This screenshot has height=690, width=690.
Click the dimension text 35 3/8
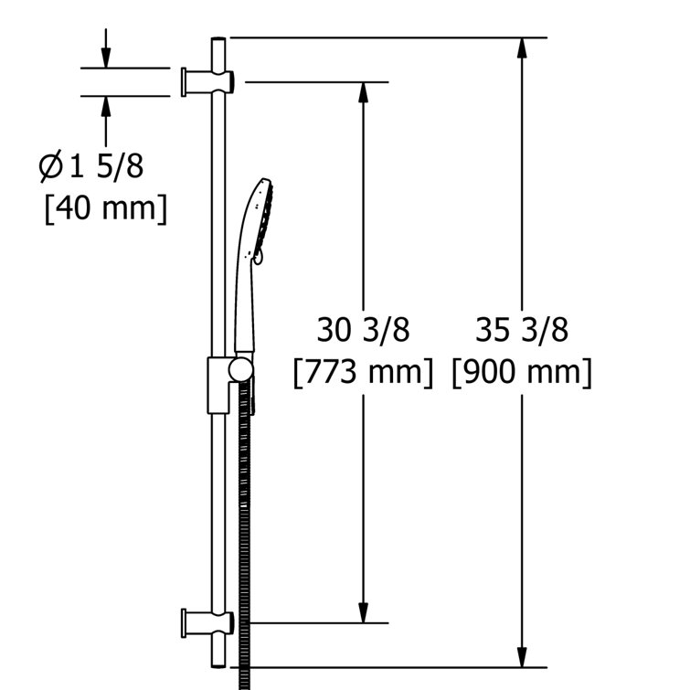(x=522, y=329)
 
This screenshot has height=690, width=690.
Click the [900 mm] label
(x=522, y=372)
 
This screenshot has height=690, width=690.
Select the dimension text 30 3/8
(x=363, y=329)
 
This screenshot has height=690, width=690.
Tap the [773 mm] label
(x=363, y=372)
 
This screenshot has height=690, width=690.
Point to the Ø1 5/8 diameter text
(x=91, y=166)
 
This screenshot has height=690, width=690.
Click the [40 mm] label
(x=106, y=207)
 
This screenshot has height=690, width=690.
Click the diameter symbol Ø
(x=50, y=166)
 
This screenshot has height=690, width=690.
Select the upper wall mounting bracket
(x=208, y=81)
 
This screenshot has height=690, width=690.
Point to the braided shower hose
(x=244, y=530)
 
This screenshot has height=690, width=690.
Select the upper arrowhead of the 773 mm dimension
(x=363, y=90)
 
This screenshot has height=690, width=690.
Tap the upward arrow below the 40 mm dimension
(x=106, y=104)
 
